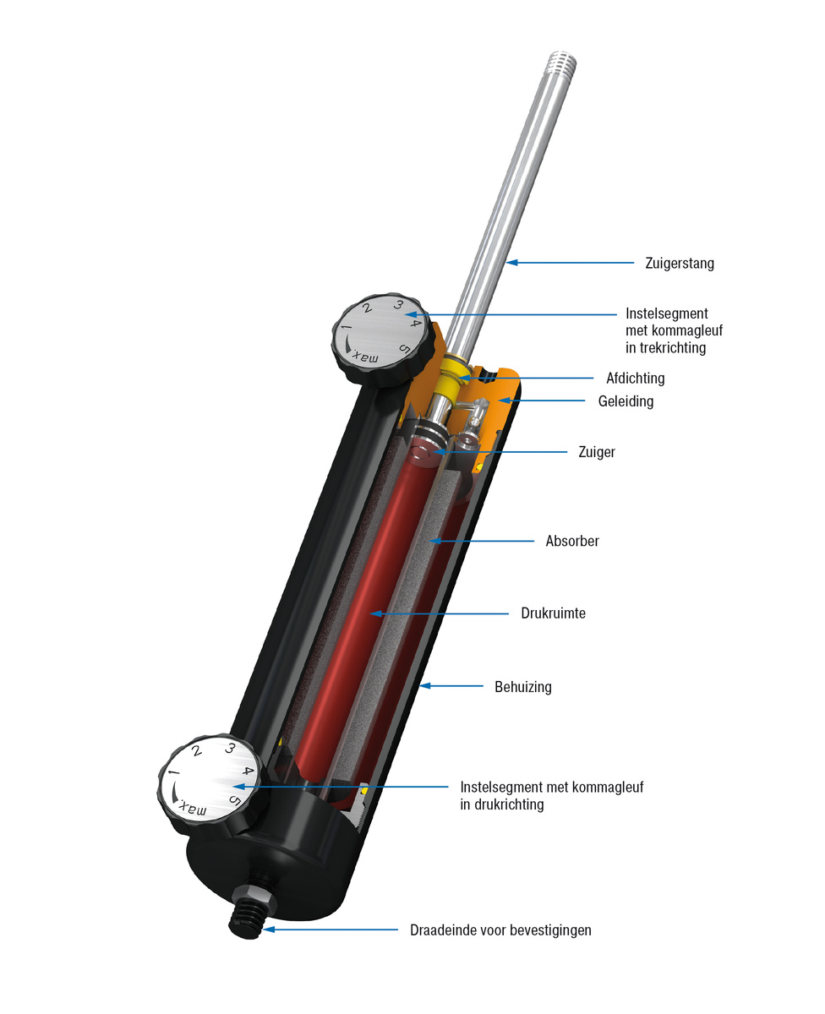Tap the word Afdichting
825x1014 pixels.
tap(635, 379)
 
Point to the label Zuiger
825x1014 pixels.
tap(598, 452)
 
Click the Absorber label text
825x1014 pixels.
tap(572, 541)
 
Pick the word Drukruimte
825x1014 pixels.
tap(553, 613)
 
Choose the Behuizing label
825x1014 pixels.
tap(522, 687)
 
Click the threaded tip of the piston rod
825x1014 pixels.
tap(560, 62)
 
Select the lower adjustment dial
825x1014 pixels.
tap(208, 780)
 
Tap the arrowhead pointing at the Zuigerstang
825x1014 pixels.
tap(511, 263)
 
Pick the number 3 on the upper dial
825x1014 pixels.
tap(398, 306)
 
